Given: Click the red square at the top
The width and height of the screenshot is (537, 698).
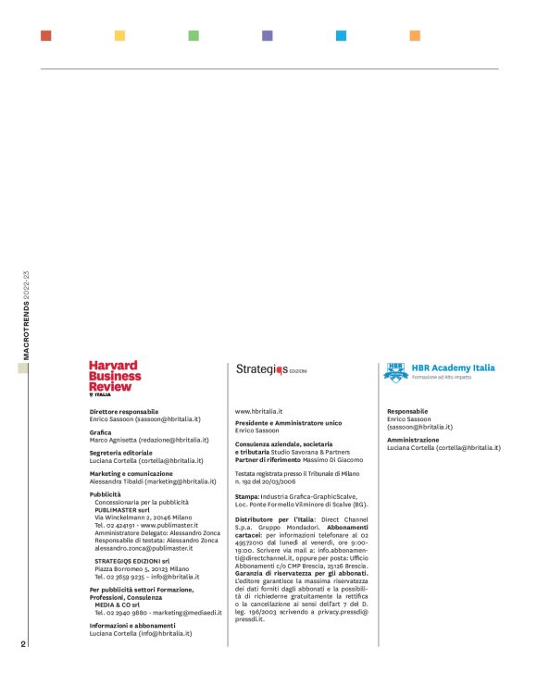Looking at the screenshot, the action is point(46,36).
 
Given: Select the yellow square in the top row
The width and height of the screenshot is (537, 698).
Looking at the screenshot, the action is point(119,36).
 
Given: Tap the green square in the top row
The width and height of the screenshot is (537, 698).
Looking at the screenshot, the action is point(194,36).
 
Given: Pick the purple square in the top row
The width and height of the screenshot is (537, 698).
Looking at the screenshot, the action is point(268,36).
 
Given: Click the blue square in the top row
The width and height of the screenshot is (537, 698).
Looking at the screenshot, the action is point(342,36).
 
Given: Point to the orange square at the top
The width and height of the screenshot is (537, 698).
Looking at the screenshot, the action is point(416,36).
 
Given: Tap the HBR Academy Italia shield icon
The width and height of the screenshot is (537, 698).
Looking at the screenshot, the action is point(395,371).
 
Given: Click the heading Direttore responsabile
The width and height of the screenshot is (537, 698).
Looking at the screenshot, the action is point(124,411).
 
